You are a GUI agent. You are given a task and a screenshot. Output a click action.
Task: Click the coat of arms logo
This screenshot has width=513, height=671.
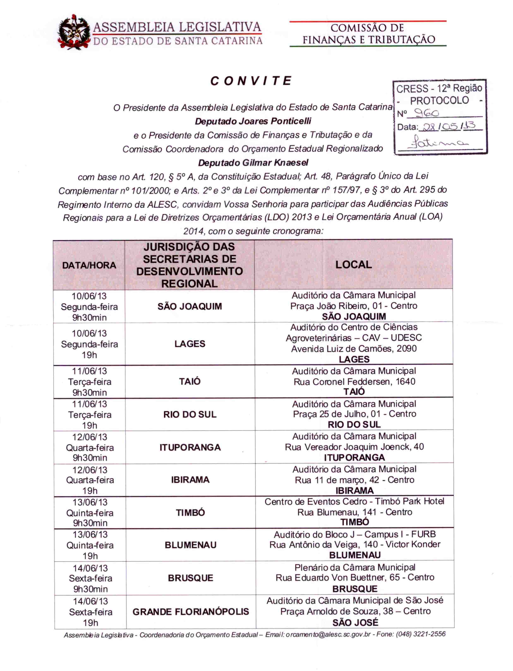(74, 33)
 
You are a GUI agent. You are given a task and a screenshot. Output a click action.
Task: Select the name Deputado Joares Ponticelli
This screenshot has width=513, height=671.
(253, 121)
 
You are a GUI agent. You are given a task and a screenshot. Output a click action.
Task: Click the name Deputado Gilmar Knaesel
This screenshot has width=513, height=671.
(253, 163)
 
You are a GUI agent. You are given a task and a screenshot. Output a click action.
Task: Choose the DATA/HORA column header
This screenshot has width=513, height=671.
(89, 265)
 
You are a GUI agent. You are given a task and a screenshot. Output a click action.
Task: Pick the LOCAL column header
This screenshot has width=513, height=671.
(354, 264)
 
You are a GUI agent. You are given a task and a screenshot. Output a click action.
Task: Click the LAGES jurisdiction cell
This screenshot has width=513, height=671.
(190, 344)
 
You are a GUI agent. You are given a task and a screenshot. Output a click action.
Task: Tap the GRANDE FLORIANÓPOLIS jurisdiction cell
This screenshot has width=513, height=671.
(191, 612)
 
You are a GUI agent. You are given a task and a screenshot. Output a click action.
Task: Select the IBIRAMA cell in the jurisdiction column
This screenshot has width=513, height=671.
(190, 480)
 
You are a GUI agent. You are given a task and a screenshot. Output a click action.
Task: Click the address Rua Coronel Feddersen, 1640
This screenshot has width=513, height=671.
(354, 381)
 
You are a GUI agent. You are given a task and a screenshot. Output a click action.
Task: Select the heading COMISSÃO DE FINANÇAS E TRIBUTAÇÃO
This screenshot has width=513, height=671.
(368, 33)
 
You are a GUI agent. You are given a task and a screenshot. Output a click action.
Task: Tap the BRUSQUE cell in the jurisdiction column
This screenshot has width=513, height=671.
(191, 578)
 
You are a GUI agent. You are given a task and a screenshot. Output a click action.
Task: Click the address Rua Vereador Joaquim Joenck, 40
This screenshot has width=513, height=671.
(354, 447)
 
